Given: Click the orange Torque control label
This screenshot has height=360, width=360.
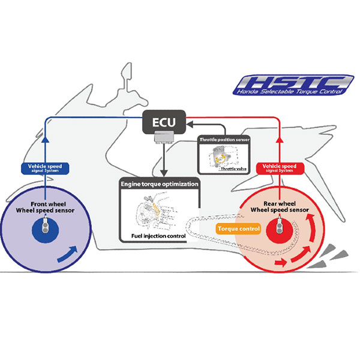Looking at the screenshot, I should pyautogui.click(x=238, y=229).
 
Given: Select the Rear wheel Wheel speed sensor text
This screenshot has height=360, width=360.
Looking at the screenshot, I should pyautogui.click(x=280, y=206).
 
